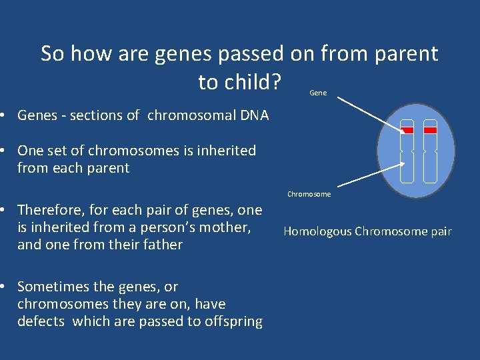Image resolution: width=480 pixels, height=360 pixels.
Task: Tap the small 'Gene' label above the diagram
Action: tap(319, 93)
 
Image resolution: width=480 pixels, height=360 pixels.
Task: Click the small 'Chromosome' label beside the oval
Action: tap(309, 194)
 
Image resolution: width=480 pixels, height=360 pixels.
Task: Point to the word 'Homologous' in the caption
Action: tap(317, 231)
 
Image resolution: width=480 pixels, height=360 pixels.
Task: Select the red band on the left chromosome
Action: tap(407, 130)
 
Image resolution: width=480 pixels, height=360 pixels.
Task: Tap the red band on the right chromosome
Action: tap(430, 130)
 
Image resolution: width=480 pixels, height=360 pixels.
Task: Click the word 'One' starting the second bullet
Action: tap(30, 151)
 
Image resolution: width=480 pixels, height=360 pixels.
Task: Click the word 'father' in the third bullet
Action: tap(163, 245)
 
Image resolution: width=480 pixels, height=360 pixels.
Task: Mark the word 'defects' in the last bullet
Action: tap(41, 321)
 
